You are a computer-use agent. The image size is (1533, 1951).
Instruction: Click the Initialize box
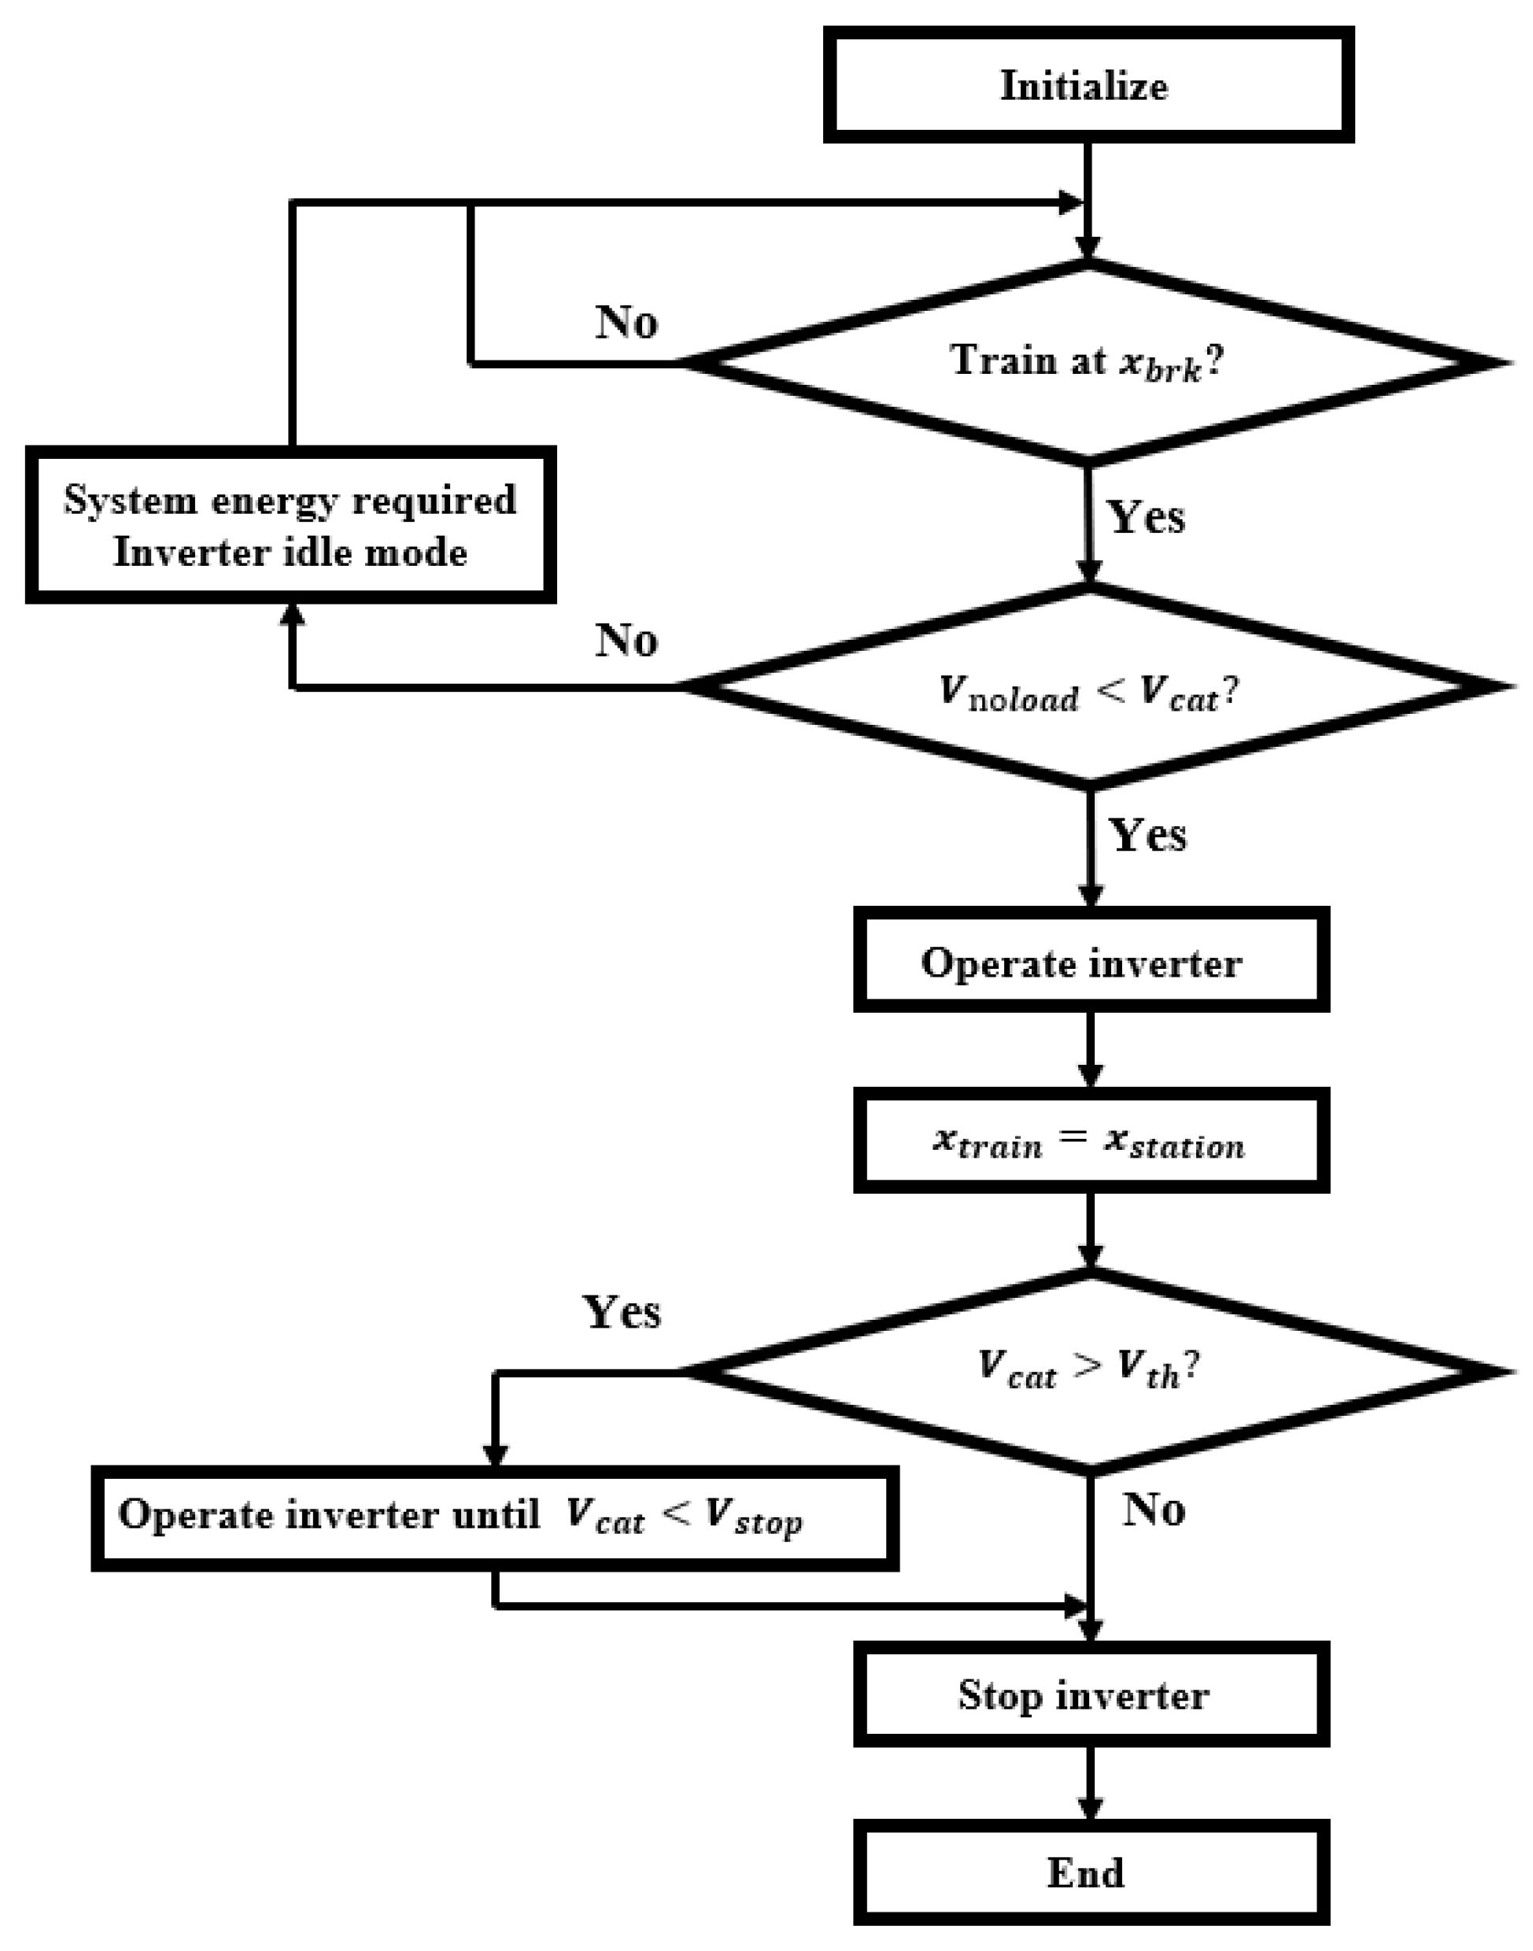point(1088,85)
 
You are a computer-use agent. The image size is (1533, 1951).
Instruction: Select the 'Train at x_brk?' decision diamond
point(1088,363)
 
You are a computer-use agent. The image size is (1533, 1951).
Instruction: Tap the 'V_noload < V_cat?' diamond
point(1088,687)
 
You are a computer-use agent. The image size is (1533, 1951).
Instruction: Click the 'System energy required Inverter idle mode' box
point(290,525)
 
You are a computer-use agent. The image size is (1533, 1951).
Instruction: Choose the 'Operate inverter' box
point(1090,961)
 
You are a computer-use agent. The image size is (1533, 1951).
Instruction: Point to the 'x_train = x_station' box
point(1090,1141)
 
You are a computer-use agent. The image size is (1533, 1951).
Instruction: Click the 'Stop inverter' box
point(1090,1695)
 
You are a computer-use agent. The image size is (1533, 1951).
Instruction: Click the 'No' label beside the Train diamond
point(626,320)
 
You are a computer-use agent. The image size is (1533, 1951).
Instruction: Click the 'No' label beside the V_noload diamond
point(626,640)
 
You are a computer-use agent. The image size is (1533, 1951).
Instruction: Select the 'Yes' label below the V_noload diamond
point(1148,834)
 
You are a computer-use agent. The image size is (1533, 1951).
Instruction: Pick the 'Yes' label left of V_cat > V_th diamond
point(622,1312)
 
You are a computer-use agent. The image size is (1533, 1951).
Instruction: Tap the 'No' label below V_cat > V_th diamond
point(1154,1510)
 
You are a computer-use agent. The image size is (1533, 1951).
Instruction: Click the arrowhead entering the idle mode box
point(293,615)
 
